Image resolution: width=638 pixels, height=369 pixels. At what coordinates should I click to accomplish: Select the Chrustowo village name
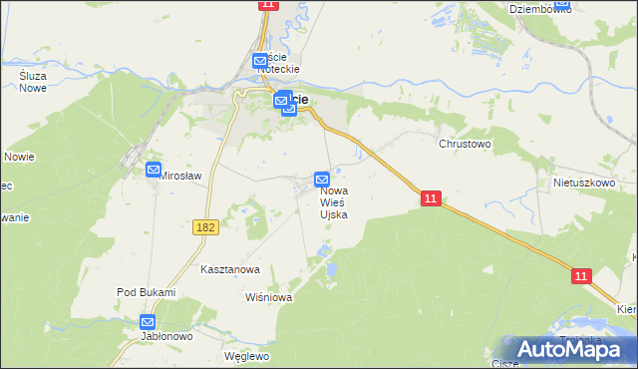tap(466, 144)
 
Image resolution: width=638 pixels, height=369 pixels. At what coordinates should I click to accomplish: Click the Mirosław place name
tap(181, 176)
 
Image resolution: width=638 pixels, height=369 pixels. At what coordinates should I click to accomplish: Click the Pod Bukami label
tap(146, 292)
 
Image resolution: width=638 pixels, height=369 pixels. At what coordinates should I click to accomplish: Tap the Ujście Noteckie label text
tap(278, 63)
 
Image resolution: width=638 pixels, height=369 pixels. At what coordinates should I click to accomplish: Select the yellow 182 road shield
tap(205, 228)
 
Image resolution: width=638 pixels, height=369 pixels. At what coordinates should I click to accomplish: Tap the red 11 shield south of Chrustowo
tap(430, 199)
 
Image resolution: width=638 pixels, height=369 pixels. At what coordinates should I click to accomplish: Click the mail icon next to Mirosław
tap(154, 170)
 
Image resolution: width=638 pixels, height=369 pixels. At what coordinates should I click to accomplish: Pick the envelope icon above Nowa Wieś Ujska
tap(322, 179)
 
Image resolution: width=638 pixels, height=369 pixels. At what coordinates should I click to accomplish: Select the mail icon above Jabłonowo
tap(148, 322)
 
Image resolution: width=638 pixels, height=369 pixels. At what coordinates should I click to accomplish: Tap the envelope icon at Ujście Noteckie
tap(260, 60)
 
